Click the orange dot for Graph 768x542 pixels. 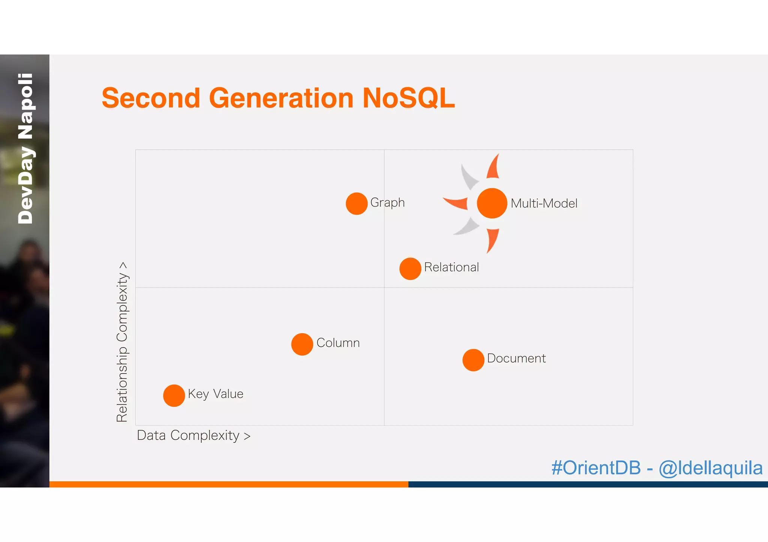[x=356, y=204]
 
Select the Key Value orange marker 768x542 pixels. [x=174, y=396]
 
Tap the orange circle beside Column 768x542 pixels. [x=302, y=344]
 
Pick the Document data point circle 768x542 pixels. [x=473, y=360]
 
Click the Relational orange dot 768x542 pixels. [x=410, y=269]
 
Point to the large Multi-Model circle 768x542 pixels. [x=492, y=203]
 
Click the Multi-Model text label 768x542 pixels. [x=544, y=203]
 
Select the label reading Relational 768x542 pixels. [x=451, y=267]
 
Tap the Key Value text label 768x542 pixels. [x=216, y=394]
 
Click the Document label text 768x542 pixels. [x=516, y=358]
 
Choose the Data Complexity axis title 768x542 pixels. [x=193, y=436]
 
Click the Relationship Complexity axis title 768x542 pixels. [x=122, y=342]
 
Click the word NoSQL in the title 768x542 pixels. [x=408, y=98]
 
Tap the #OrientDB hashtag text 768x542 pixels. [x=596, y=468]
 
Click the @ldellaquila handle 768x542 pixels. [x=710, y=468]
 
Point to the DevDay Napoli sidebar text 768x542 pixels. [x=25, y=149]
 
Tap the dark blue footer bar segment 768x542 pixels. [x=588, y=484]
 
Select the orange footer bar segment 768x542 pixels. [x=229, y=484]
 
